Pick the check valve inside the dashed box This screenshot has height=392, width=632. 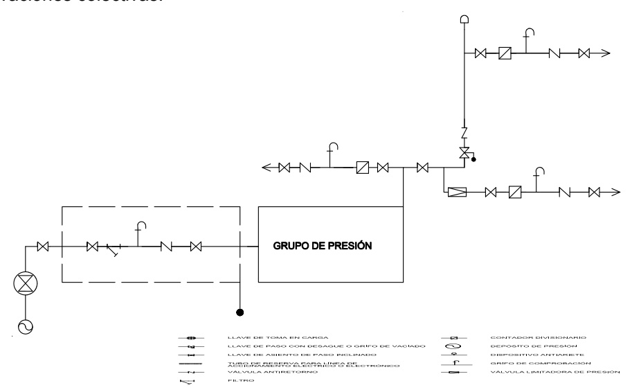pyautogui.click(x=166, y=245)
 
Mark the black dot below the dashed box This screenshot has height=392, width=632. pyautogui.click(x=240, y=312)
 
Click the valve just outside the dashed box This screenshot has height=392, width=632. pyautogui.click(x=42, y=245)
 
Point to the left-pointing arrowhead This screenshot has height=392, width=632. pyautogui.click(x=267, y=167)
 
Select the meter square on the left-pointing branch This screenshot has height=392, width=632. pyautogui.click(x=361, y=167)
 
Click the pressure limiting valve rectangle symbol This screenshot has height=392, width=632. pyautogui.click(x=458, y=192)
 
